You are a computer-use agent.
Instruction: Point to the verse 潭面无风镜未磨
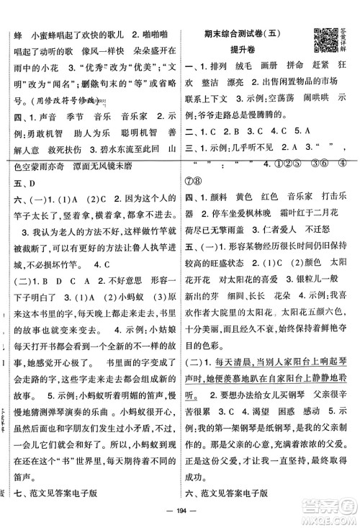[x=116, y=186]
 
